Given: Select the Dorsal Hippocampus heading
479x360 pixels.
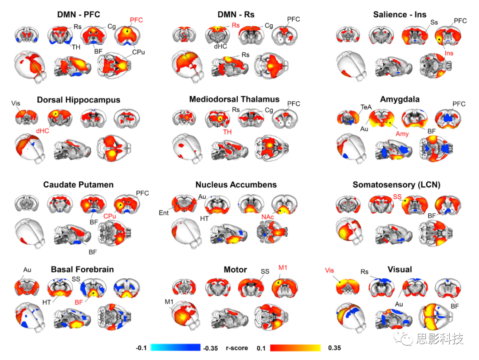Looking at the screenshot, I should click(79, 100).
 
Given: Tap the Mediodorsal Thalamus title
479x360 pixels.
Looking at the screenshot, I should click(234, 99).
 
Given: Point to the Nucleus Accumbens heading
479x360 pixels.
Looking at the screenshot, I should click(236, 184).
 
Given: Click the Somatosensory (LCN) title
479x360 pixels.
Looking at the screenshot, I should click(397, 184).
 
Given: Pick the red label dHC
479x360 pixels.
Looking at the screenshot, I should click(43, 131).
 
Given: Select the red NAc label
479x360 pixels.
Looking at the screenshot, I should click(268, 216).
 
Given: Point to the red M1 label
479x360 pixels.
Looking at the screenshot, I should click(283, 267).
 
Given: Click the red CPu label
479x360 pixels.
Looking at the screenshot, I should click(110, 216).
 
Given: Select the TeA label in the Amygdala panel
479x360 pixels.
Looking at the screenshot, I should click(366, 106).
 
